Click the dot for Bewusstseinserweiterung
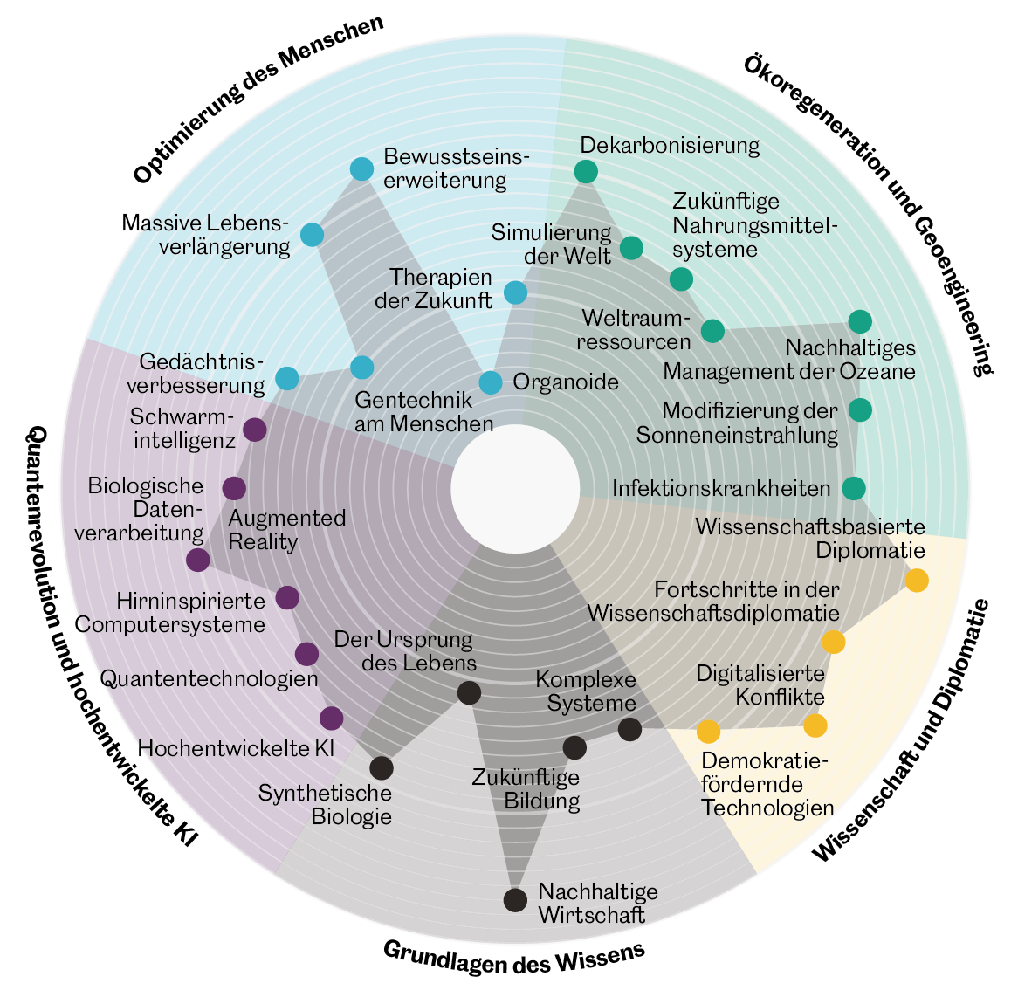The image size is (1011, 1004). (x=361, y=169)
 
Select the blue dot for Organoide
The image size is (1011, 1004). (x=491, y=382)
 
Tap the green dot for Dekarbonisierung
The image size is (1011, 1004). (x=586, y=171)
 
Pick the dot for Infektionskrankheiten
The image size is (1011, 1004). (x=854, y=488)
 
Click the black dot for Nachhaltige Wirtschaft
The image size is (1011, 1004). (x=516, y=899)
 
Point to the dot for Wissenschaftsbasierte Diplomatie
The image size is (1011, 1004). (x=916, y=581)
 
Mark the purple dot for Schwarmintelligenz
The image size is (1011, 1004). (x=254, y=430)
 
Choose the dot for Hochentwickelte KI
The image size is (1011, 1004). (x=331, y=719)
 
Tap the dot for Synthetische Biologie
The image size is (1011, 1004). (x=382, y=768)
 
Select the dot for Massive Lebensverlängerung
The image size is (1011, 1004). (x=312, y=235)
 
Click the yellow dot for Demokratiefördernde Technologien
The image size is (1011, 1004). (x=708, y=731)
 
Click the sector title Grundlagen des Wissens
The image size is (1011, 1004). (x=513, y=958)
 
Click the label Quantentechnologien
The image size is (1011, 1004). (x=209, y=678)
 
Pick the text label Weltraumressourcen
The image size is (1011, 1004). (x=634, y=328)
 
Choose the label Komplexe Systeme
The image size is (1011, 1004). (x=586, y=691)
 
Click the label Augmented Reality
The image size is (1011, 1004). (x=286, y=529)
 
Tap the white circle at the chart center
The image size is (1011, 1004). (x=515, y=489)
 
